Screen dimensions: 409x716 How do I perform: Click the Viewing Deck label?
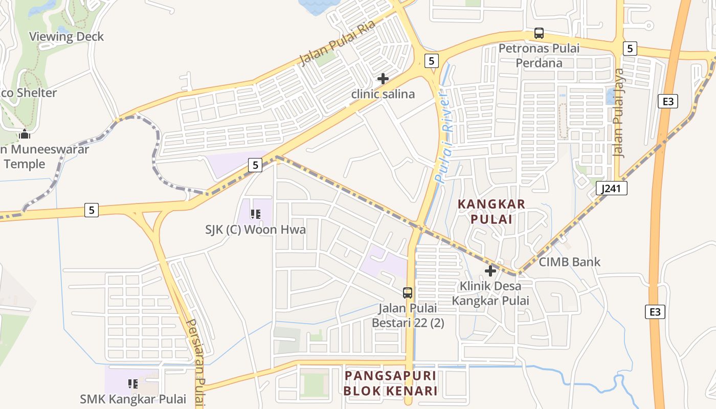coord(66,37)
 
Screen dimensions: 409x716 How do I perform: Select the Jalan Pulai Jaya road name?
coord(619,112)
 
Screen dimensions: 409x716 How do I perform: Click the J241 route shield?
coord(612,188)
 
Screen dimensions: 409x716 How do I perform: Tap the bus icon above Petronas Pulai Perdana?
coord(539,34)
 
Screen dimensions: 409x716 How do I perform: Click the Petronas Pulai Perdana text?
coord(539,56)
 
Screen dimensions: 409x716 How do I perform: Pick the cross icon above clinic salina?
coord(383,79)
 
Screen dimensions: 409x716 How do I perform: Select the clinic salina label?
coord(383,95)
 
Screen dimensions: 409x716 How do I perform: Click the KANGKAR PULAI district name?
coord(491,212)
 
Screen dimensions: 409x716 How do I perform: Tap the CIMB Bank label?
coord(570,262)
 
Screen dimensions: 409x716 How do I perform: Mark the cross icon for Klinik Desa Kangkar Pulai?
coord(490,271)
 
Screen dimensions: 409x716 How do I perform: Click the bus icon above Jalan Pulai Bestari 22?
coord(408,293)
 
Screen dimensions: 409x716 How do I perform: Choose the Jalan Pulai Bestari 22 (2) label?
coord(408,315)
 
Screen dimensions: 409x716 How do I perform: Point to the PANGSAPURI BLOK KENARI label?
coord(391,383)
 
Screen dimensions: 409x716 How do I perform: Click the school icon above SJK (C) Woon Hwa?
coord(256,214)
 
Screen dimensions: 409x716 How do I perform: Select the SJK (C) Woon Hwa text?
coord(256,230)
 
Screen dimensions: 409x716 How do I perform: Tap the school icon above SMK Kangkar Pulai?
coord(133,383)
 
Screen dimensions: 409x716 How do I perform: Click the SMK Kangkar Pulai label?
coord(133,399)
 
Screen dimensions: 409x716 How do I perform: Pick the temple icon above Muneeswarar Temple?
coord(25,134)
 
